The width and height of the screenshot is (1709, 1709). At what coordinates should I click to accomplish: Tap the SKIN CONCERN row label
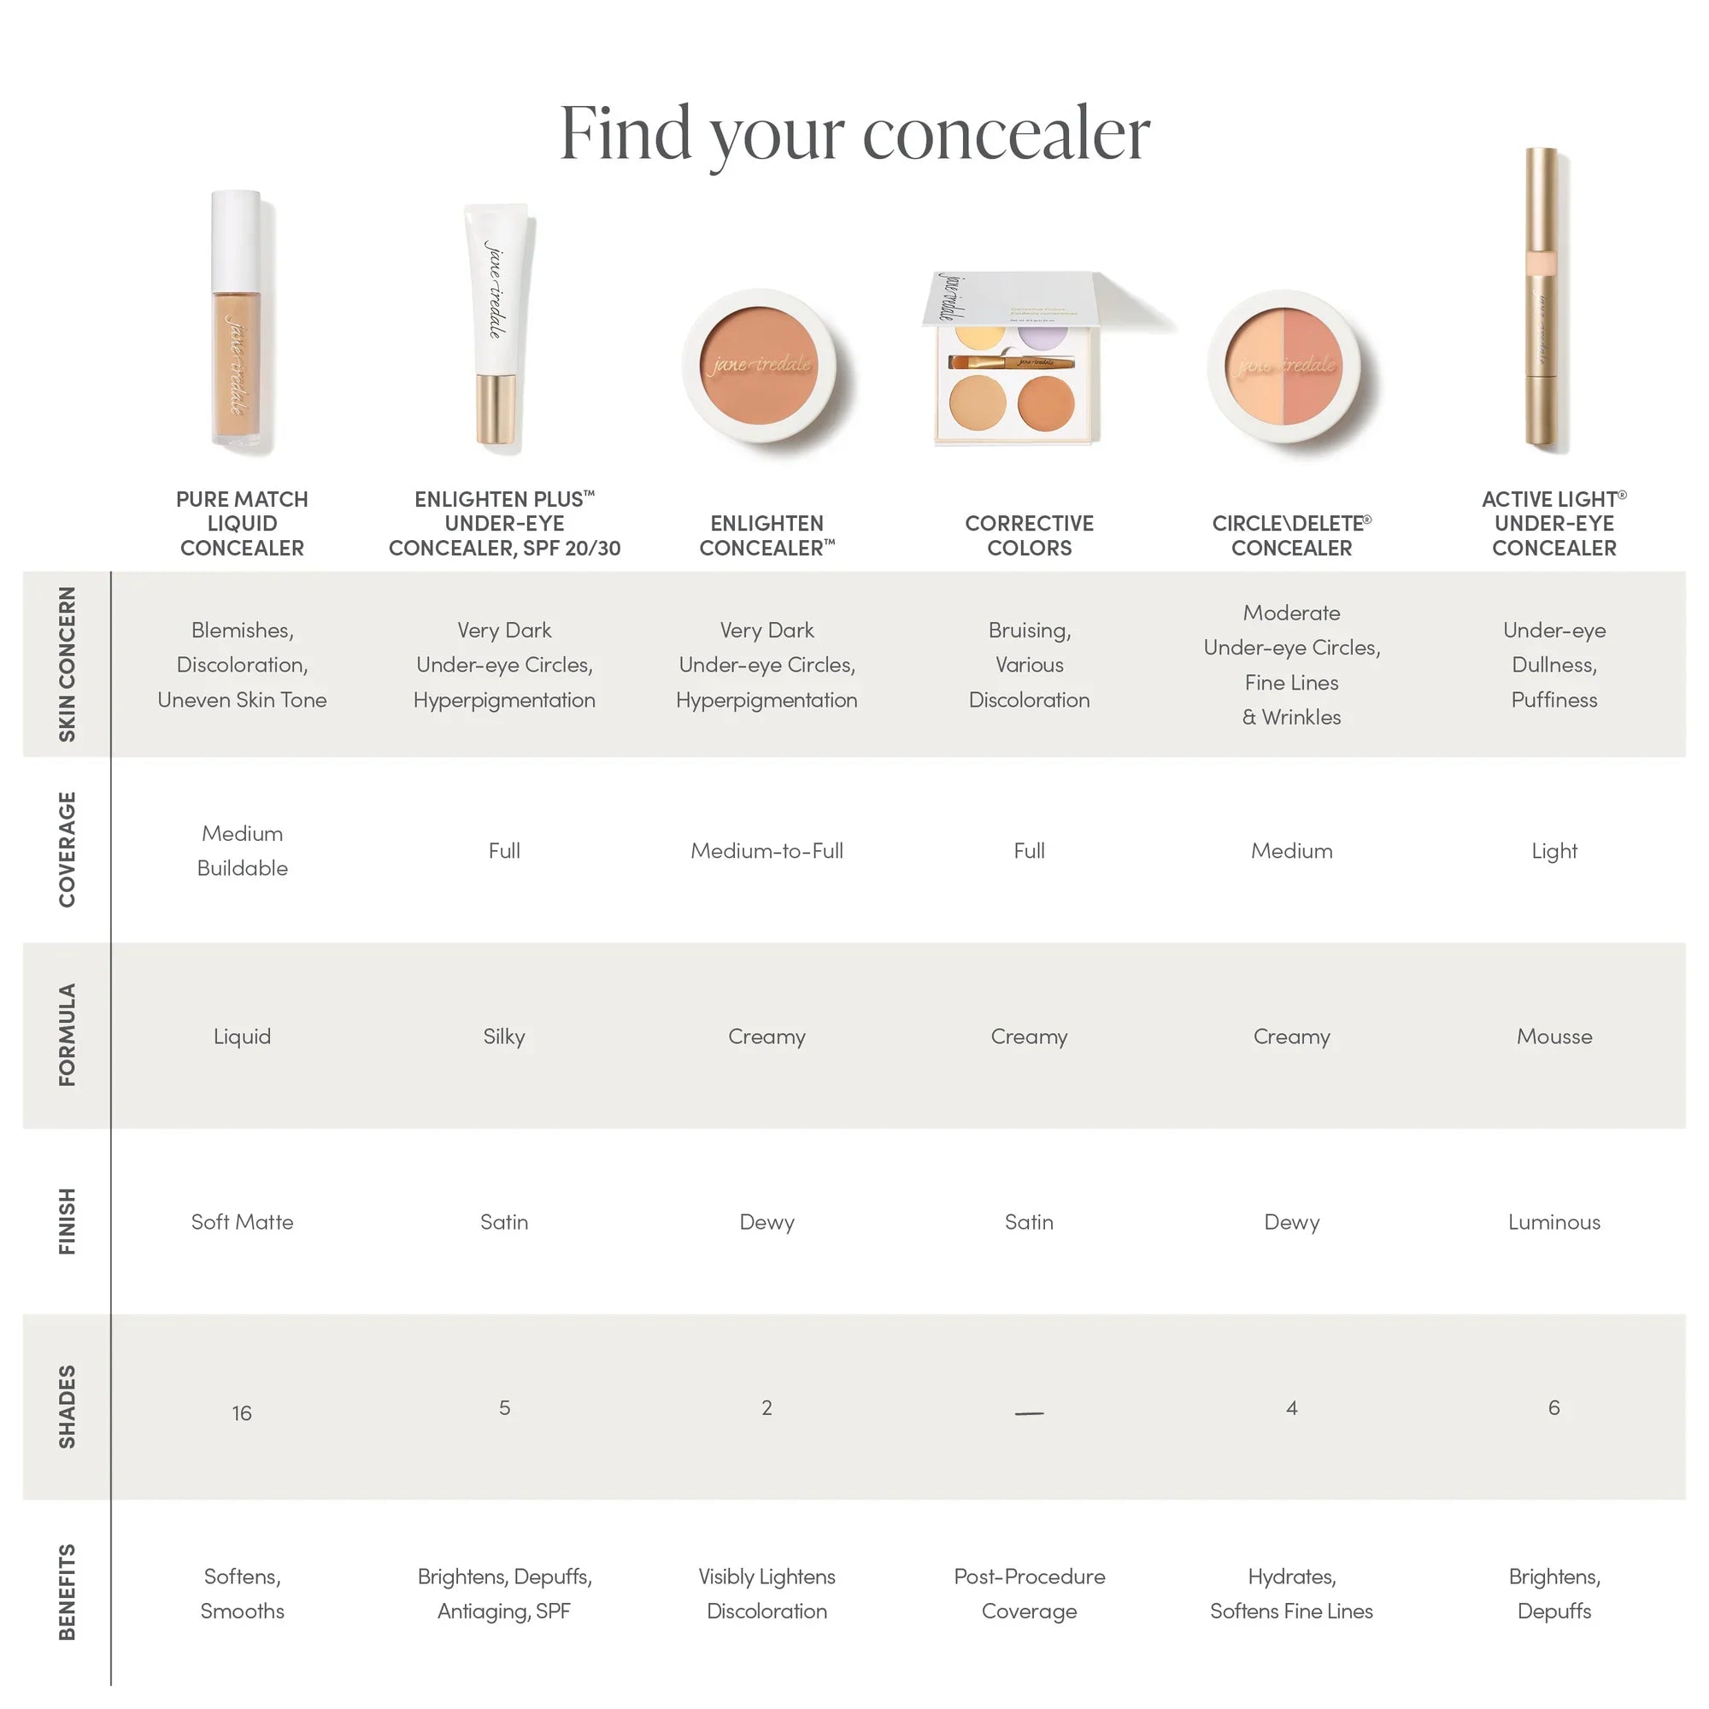click(68, 663)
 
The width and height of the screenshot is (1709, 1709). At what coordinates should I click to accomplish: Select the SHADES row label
click(68, 1407)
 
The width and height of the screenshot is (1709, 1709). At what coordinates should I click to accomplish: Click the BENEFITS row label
click(68, 1592)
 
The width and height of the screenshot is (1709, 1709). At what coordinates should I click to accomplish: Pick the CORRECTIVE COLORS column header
click(1029, 535)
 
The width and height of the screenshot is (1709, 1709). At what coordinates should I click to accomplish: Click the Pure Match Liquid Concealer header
click(242, 523)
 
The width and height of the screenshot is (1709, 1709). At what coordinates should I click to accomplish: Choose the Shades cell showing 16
click(242, 1412)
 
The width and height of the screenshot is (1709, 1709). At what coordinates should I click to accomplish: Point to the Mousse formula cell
click(1553, 1036)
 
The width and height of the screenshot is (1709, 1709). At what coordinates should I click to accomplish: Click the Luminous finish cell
click(1553, 1222)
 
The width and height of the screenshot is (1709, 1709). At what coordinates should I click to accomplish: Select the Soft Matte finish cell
click(242, 1222)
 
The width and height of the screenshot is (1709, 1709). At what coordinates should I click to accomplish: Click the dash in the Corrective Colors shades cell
click(1029, 1412)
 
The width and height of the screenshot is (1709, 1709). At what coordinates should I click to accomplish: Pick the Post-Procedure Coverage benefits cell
click(1029, 1593)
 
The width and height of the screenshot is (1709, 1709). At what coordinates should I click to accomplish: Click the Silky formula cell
click(503, 1036)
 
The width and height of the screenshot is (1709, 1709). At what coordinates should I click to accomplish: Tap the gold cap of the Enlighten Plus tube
click(496, 408)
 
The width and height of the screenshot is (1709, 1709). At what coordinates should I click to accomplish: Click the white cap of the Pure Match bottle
click(235, 241)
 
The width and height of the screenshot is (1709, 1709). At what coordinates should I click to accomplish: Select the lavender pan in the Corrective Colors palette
click(1042, 336)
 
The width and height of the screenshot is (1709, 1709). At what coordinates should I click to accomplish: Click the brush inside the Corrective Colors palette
click(1011, 361)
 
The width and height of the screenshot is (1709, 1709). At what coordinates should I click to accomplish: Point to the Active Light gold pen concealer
click(1541, 301)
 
